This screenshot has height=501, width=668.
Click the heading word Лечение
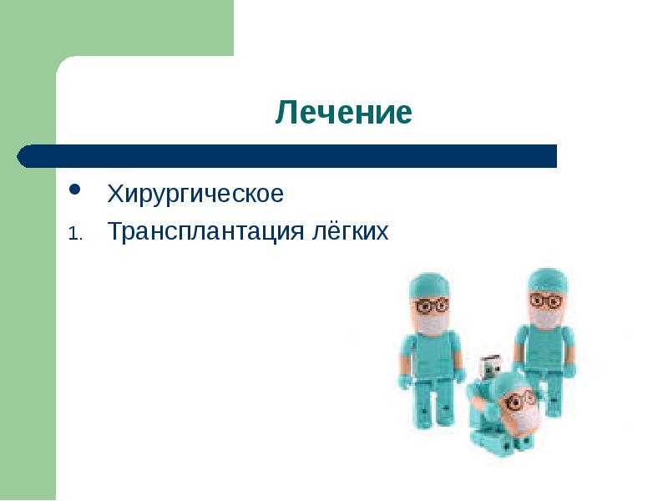343,113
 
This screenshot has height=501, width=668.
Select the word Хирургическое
195,195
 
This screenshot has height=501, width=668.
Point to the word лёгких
350,231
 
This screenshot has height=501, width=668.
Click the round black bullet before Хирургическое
74,191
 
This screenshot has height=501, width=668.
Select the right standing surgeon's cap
547,279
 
